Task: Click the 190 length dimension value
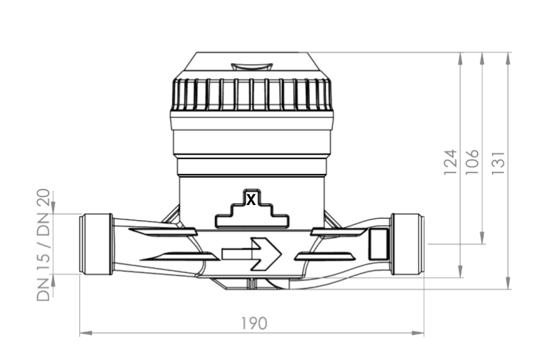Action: click(254, 323)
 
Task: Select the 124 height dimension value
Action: click(450, 162)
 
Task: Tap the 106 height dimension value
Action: click(472, 162)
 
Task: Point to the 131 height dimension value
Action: click(498, 163)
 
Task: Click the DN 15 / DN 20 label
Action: click(43, 245)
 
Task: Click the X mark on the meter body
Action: click(251, 200)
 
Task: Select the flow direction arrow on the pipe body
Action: click(252, 254)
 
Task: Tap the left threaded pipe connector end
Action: click(96, 244)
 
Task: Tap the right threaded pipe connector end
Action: click(407, 244)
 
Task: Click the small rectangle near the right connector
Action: click(378, 244)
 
